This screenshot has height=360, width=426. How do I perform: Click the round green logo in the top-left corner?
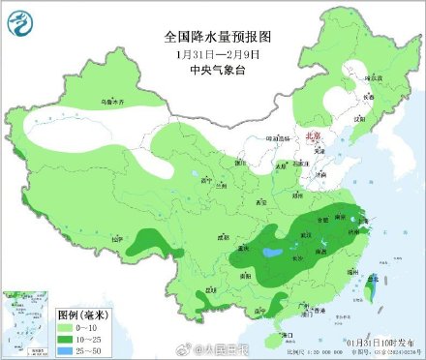click(19, 19)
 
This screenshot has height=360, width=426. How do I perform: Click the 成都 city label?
click(224, 235)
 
